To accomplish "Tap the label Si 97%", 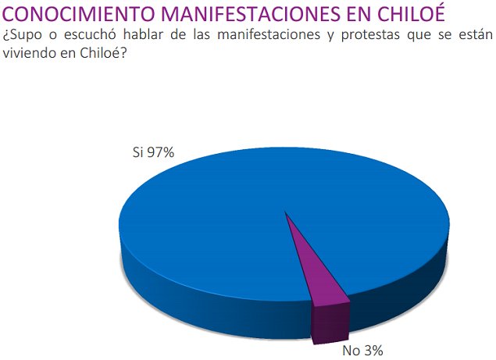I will click(152, 152).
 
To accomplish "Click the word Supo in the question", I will click(28, 35).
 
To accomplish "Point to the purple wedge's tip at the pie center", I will click(287, 213).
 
